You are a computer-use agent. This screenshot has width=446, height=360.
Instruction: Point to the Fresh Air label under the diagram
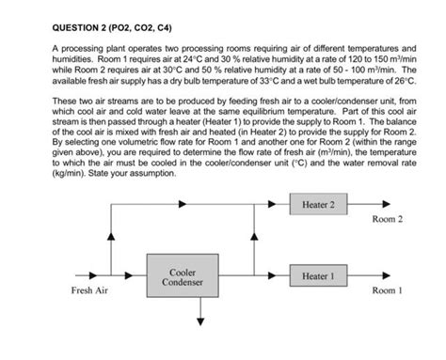tap(89, 291)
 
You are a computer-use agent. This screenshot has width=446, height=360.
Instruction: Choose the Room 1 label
tap(387, 291)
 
